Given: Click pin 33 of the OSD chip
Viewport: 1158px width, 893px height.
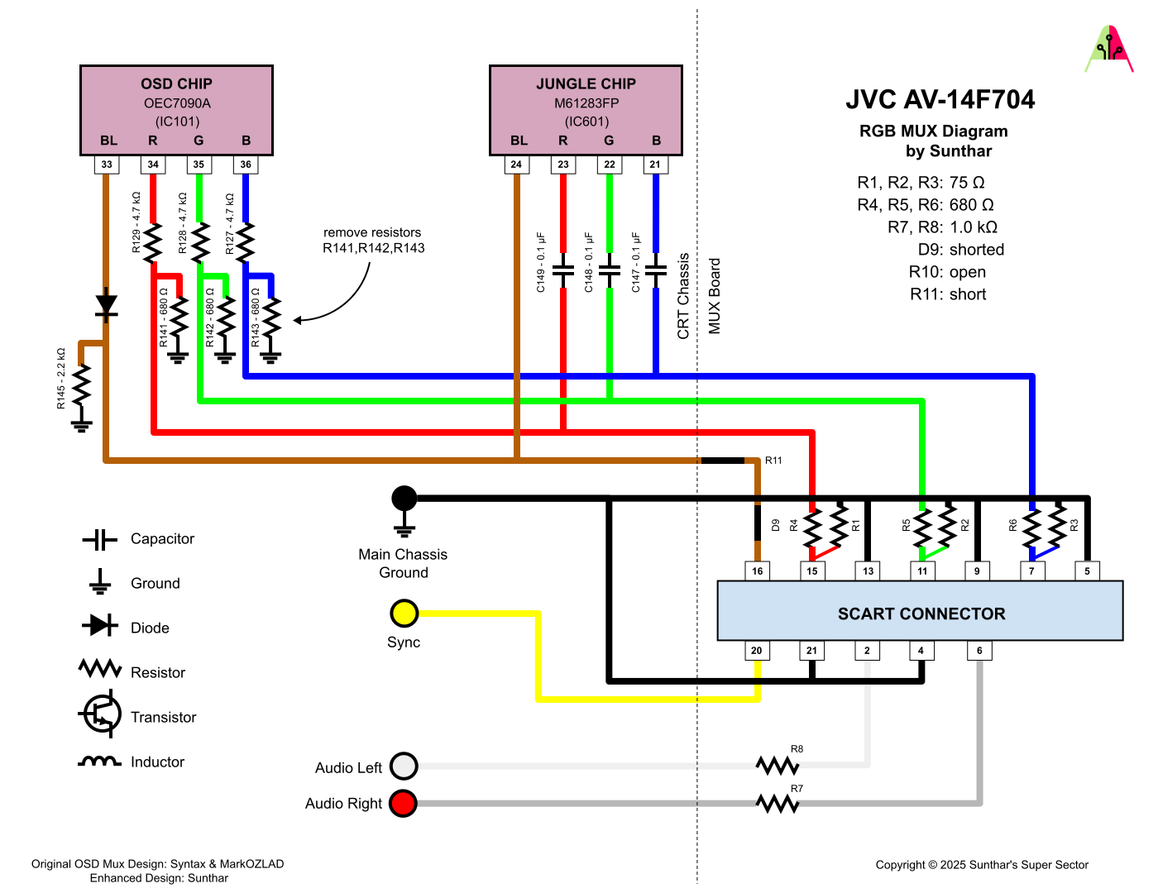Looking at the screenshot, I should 107,165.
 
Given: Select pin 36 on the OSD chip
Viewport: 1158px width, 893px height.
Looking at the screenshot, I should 246,165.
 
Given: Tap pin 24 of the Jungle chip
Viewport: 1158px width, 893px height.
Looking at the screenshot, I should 516,165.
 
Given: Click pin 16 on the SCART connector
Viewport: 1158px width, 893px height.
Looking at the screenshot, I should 757,571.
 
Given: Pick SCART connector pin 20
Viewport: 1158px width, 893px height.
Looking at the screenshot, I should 757,651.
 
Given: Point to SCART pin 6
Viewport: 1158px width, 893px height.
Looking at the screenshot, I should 979,651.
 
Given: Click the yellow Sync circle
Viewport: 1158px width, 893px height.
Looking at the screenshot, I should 404,614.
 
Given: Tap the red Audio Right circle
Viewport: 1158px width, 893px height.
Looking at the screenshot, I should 404,803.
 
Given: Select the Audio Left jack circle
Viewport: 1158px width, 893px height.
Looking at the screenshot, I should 404,766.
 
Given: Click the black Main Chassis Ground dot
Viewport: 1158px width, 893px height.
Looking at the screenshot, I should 404,499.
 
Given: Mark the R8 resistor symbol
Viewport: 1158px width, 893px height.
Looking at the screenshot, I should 778,765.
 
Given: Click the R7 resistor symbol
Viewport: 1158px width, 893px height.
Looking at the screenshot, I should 778,803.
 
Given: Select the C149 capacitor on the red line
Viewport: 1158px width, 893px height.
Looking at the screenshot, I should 563,270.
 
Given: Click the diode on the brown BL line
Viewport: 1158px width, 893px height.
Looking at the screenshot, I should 106,306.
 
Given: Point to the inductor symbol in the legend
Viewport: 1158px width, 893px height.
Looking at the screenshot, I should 99,762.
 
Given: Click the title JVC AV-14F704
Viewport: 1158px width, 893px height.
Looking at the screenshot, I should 940,100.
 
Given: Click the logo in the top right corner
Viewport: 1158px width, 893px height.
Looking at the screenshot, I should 1108,50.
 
